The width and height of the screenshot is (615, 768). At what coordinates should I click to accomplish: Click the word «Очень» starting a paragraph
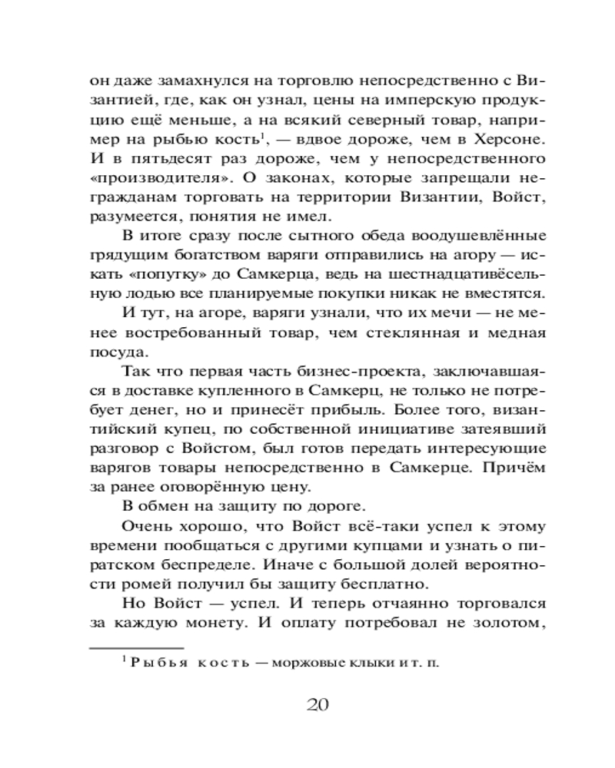click(146, 526)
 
